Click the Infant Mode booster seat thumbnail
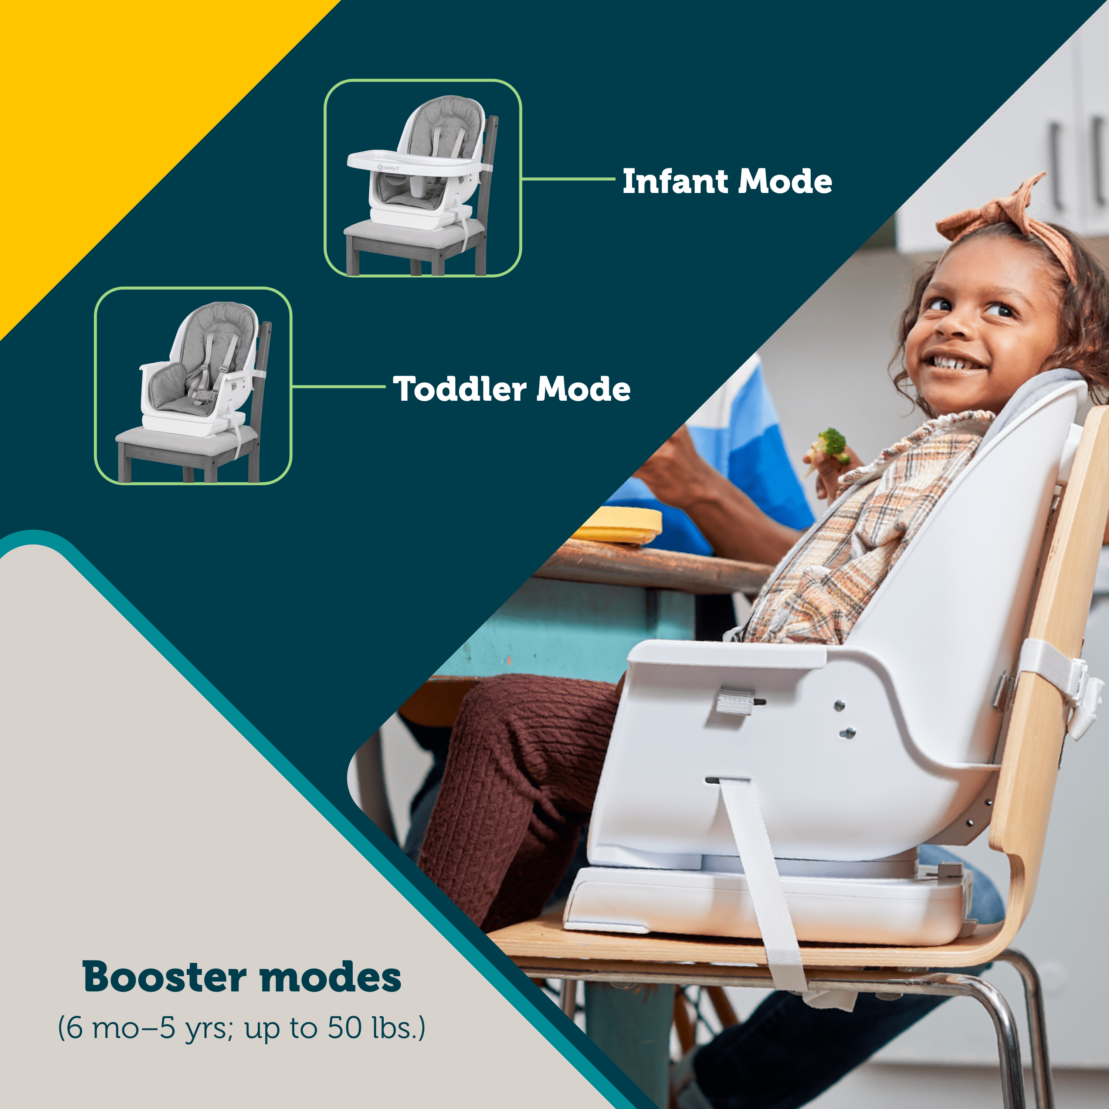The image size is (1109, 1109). [423, 178]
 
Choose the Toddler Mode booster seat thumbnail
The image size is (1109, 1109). [193, 386]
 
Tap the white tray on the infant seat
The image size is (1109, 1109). [413, 161]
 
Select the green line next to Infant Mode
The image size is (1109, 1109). [568, 179]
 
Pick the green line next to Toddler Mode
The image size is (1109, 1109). [339, 386]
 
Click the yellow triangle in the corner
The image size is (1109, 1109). [132, 132]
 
